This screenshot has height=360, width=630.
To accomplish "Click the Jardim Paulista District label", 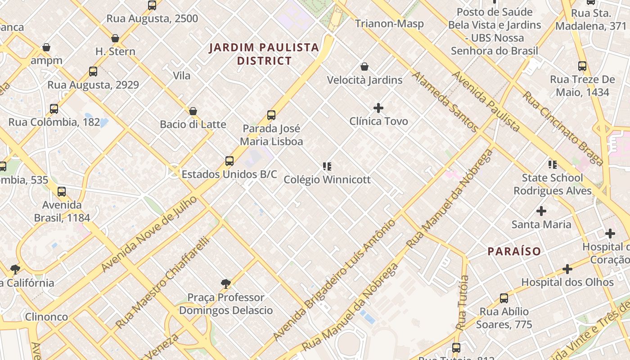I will pyautogui.click(x=264, y=54).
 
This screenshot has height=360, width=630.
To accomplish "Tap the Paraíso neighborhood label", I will pyautogui.click(x=514, y=251).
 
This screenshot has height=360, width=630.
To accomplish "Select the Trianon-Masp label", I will pyautogui.click(x=389, y=23).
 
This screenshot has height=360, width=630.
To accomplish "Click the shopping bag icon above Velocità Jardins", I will pyautogui.click(x=364, y=67).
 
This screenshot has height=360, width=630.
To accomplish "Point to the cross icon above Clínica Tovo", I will pyautogui.click(x=378, y=108).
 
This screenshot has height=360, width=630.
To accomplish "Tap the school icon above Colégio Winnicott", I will pyautogui.click(x=327, y=166).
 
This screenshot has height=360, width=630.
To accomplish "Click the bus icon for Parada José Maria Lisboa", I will pyautogui.click(x=271, y=115).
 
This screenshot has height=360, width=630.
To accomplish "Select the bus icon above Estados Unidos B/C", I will pyautogui.click(x=229, y=161).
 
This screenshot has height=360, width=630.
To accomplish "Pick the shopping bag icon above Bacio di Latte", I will pyautogui.click(x=193, y=111).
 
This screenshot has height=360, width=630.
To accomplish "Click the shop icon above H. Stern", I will pyautogui.click(x=115, y=38).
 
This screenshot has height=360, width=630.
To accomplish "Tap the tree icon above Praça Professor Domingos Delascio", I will pyautogui.click(x=226, y=283).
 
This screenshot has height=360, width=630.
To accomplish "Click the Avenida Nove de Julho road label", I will pyautogui.click(x=149, y=234).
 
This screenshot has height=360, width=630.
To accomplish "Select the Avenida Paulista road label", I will pyautogui.click(x=486, y=101).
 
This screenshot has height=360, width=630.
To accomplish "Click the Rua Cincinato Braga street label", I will pyautogui.click(x=562, y=129).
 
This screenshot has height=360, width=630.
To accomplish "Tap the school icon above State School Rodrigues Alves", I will pyautogui.click(x=552, y=165).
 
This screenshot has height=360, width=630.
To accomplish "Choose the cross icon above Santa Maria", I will pyautogui.click(x=541, y=211).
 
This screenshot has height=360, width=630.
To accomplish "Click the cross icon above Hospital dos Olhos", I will pyautogui.click(x=567, y=269).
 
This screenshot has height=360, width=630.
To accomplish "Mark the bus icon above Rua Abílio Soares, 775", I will pyautogui.click(x=504, y=298).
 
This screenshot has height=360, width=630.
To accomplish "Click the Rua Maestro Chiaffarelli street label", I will pyautogui.click(x=163, y=283).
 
